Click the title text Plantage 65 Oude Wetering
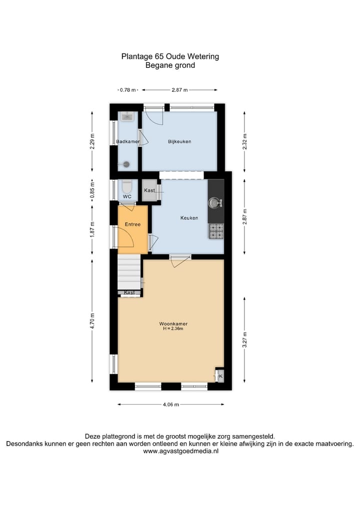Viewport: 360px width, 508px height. pyautogui.click(x=170, y=56)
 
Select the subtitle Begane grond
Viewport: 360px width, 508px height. pyautogui.click(x=170, y=65)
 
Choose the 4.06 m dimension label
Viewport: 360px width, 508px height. pyautogui.click(x=170, y=405)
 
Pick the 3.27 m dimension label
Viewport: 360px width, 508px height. pyautogui.click(x=244, y=340)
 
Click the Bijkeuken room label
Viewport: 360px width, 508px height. pyautogui.click(x=179, y=142)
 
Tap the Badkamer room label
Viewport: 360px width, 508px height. pyautogui.click(x=127, y=142)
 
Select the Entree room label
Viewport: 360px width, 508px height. pyautogui.click(x=132, y=225)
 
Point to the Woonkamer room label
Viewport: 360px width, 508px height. pyautogui.click(x=171, y=324)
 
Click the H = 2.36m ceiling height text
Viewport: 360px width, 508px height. pyautogui.click(x=171, y=329)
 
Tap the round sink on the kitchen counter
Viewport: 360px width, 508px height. pyautogui.click(x=215, y=203)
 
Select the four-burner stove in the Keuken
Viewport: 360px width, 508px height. pyautogui.click(x=216, y=231)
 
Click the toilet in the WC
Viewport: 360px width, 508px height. pyautogui.click(x=127, y=187)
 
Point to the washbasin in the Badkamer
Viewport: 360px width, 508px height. pyautogui.click(x=127, y=118)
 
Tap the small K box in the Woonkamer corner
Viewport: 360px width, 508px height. pyautogui.click(x=220, y=376)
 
